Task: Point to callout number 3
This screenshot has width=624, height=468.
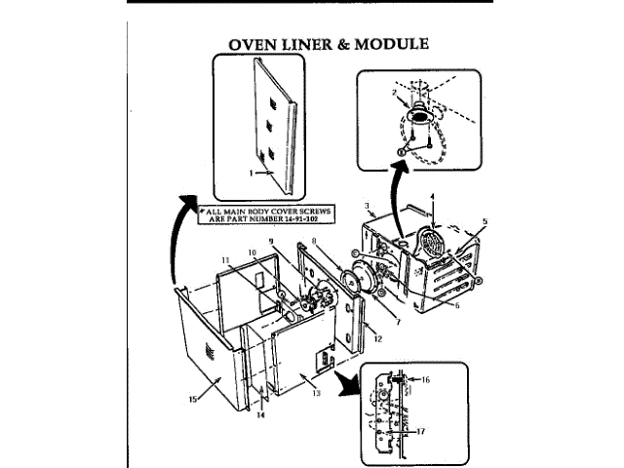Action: [365, 206]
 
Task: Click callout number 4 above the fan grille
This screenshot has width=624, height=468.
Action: [433, 198]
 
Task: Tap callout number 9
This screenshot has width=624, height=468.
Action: [272, 241]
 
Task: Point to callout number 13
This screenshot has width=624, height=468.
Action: [315, 393]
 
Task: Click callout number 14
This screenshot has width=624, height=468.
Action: [260, 414]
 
